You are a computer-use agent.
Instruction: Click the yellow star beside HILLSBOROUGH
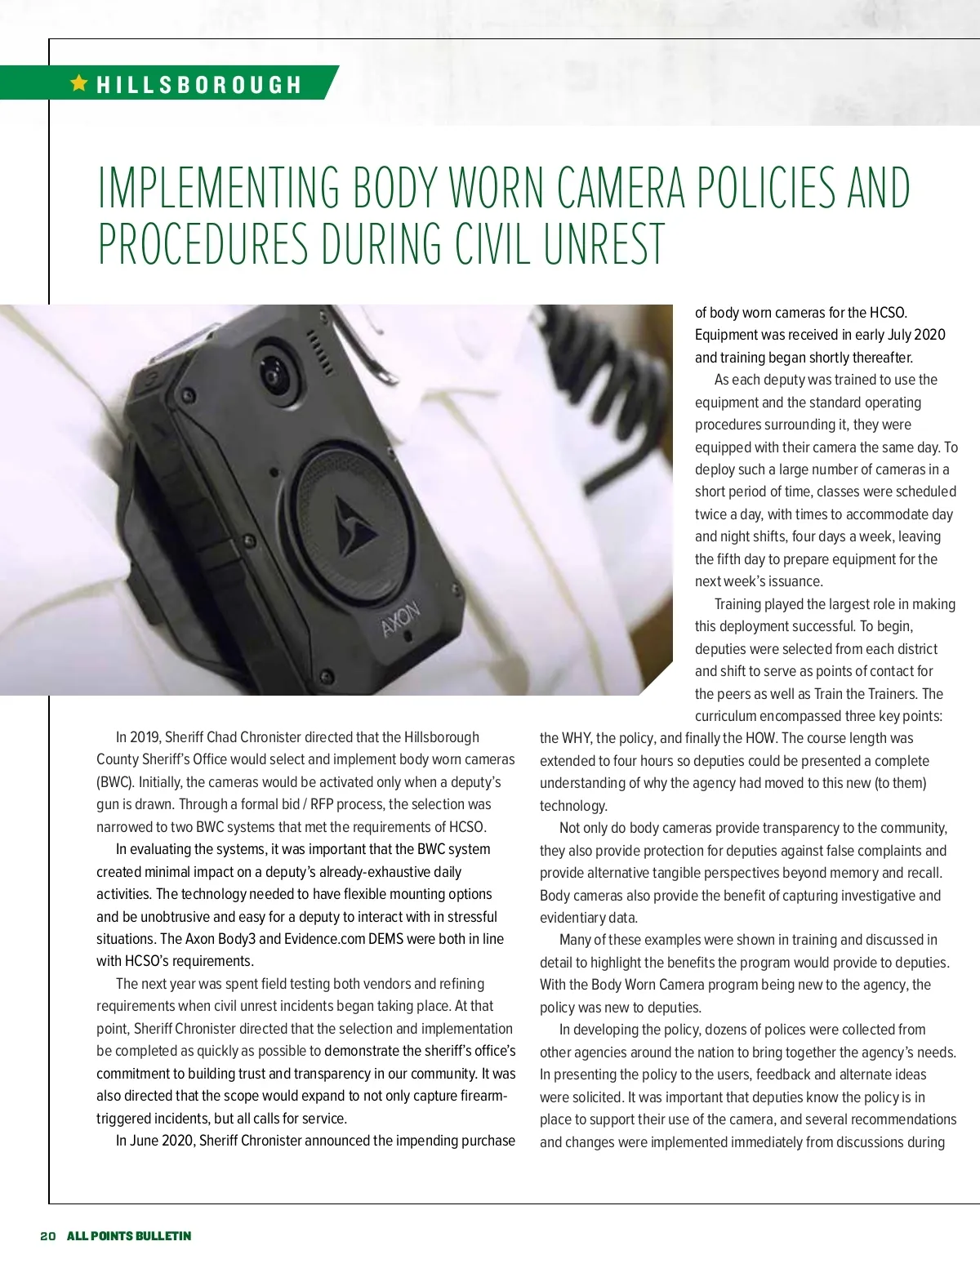tap(79, 82)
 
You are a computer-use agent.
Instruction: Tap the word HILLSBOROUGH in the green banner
tap(199, 85)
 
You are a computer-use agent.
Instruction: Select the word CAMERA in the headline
tap(621, 187)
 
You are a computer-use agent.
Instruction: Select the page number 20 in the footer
tap(47, 1235)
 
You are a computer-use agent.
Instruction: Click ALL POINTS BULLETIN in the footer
tap(129, 1235)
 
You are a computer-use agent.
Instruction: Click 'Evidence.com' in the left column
tap(324, 939)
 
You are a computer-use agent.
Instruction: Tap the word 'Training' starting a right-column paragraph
tap(741, 604)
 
